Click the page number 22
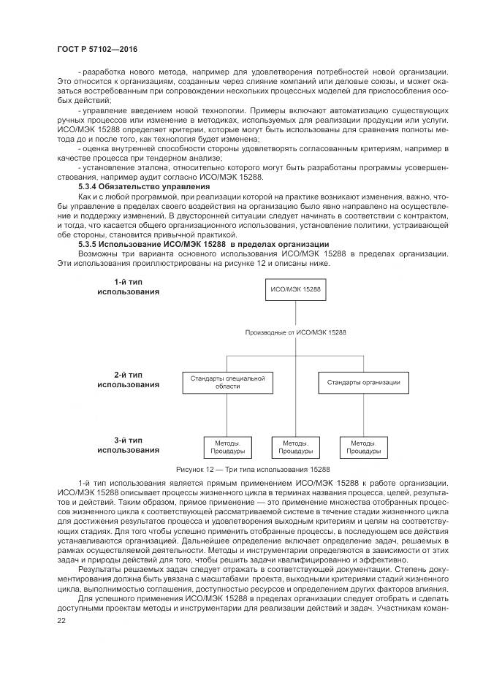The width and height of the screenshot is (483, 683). pos(61,620)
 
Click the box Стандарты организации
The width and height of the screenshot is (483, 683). pos(362,382)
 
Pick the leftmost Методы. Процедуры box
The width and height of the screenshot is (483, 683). pos(227,447)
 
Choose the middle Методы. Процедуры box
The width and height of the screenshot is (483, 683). pos(295,447)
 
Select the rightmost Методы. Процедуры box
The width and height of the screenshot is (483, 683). pos(363,447)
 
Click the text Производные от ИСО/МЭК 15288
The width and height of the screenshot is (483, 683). pos(296,332)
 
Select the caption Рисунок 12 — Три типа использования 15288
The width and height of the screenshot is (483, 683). pos(253,469)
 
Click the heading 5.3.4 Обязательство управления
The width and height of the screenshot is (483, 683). pos(128,187)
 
